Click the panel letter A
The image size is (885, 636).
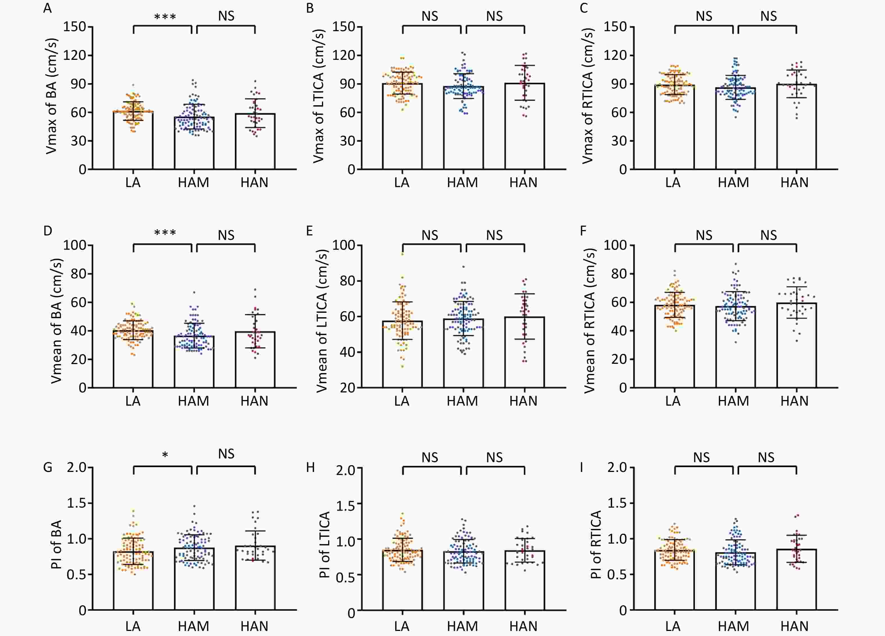[x=47, y=8]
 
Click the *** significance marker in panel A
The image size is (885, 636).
[x=165, y=17]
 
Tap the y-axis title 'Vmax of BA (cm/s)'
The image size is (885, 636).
[x=51, y=96]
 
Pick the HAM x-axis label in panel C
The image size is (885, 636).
[x=733, y=183]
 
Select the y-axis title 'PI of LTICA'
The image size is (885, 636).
[x=325, y=545]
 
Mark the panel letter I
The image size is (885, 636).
[x=582, y=467]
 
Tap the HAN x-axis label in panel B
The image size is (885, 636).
[x=523, y=183]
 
